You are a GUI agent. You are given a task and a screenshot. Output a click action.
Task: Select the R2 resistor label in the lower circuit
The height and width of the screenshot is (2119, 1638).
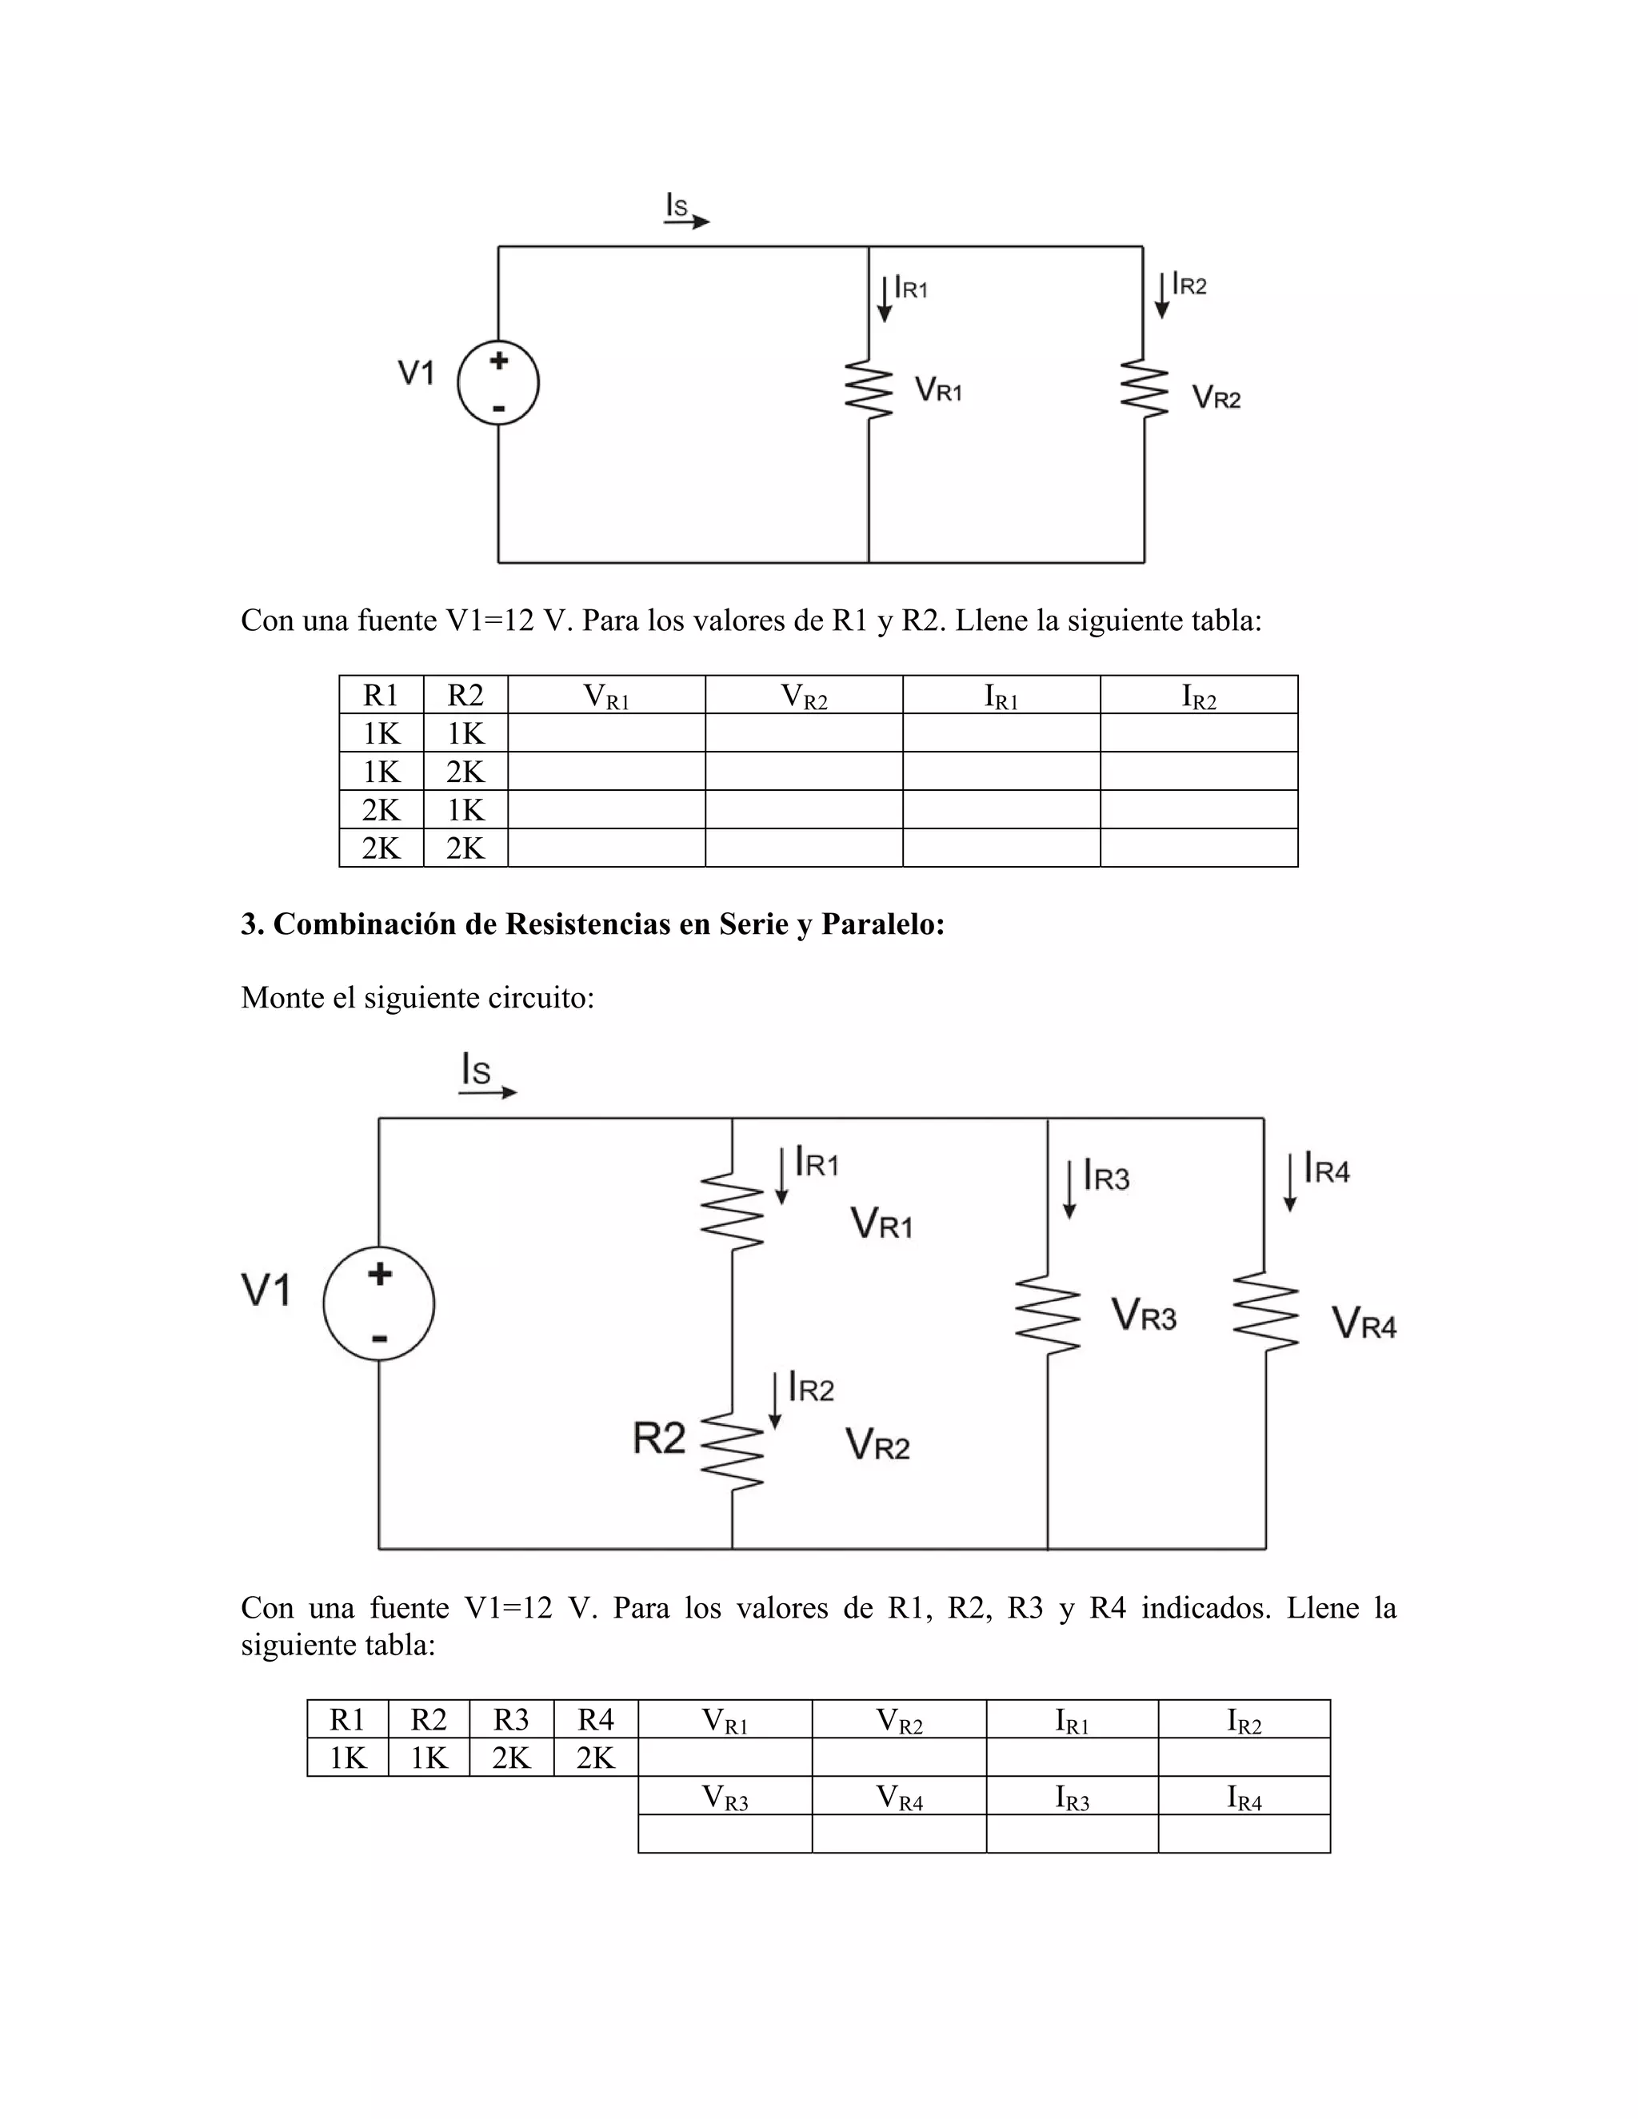pos(659,1437)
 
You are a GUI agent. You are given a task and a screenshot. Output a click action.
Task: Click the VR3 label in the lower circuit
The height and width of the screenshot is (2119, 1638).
pos(1144,1317)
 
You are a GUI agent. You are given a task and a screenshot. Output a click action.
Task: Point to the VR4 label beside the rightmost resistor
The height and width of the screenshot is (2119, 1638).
pos(1364,1323)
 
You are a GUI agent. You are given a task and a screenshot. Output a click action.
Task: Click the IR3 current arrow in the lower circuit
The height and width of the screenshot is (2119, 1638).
pos(1069,1187)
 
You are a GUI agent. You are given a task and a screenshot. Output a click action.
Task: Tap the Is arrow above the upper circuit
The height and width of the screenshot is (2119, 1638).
pos(687,221)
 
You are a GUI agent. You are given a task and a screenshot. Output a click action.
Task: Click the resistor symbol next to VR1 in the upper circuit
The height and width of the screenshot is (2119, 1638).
pos(869,390)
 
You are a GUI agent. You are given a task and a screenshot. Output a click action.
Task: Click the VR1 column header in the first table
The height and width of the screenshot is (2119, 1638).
pos(606,696)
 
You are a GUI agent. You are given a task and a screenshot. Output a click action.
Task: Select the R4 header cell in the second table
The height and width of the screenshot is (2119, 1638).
pos(596,1719)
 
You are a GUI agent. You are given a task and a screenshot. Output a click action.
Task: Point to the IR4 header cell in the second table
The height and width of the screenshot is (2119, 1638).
pos(1244,1797)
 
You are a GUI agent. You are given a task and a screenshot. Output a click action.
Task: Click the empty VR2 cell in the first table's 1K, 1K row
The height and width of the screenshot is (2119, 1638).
pos(804,733)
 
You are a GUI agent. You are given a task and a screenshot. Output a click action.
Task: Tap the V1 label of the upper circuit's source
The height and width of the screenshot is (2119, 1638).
pos(416,373)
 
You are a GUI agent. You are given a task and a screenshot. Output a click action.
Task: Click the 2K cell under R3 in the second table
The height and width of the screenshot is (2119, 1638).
pos(511,1757)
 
